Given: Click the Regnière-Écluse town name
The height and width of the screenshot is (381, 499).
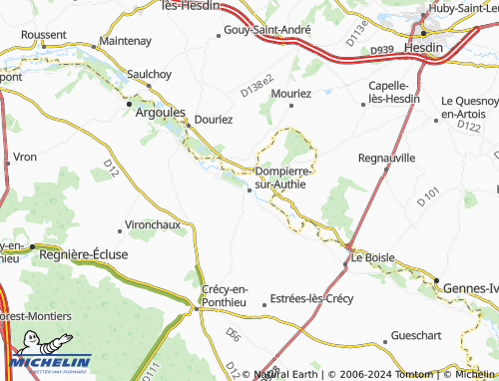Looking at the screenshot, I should [x=84, y=254].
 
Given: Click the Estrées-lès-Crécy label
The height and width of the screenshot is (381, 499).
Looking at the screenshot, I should [x=312, y=299].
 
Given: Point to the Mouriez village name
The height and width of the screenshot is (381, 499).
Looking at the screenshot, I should [x=291, y=93].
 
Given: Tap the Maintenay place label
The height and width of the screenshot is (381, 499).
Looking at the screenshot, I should [x=125, y=41].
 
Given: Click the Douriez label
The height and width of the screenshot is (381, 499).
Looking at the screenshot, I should [x=214, y=119].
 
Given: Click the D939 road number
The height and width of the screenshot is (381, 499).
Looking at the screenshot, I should [x=379, y=48].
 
